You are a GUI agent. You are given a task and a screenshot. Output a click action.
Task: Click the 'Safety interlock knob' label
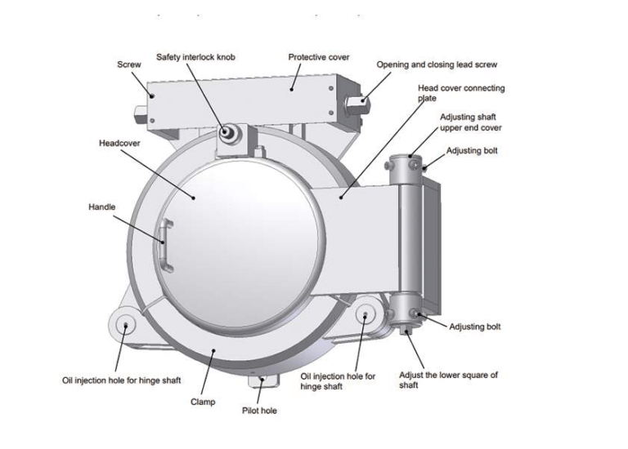[196, 58]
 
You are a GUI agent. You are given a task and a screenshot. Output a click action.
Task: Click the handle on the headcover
[165, 245]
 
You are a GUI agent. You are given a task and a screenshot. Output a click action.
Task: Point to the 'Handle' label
[102, 208]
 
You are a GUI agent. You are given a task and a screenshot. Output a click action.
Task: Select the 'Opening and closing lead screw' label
[437, 64]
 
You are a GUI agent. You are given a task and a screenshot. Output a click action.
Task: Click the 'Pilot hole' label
[259, 411]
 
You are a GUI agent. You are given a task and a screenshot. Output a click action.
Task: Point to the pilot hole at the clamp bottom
[261, 378]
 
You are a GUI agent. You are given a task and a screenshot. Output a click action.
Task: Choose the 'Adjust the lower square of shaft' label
[448, 380]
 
